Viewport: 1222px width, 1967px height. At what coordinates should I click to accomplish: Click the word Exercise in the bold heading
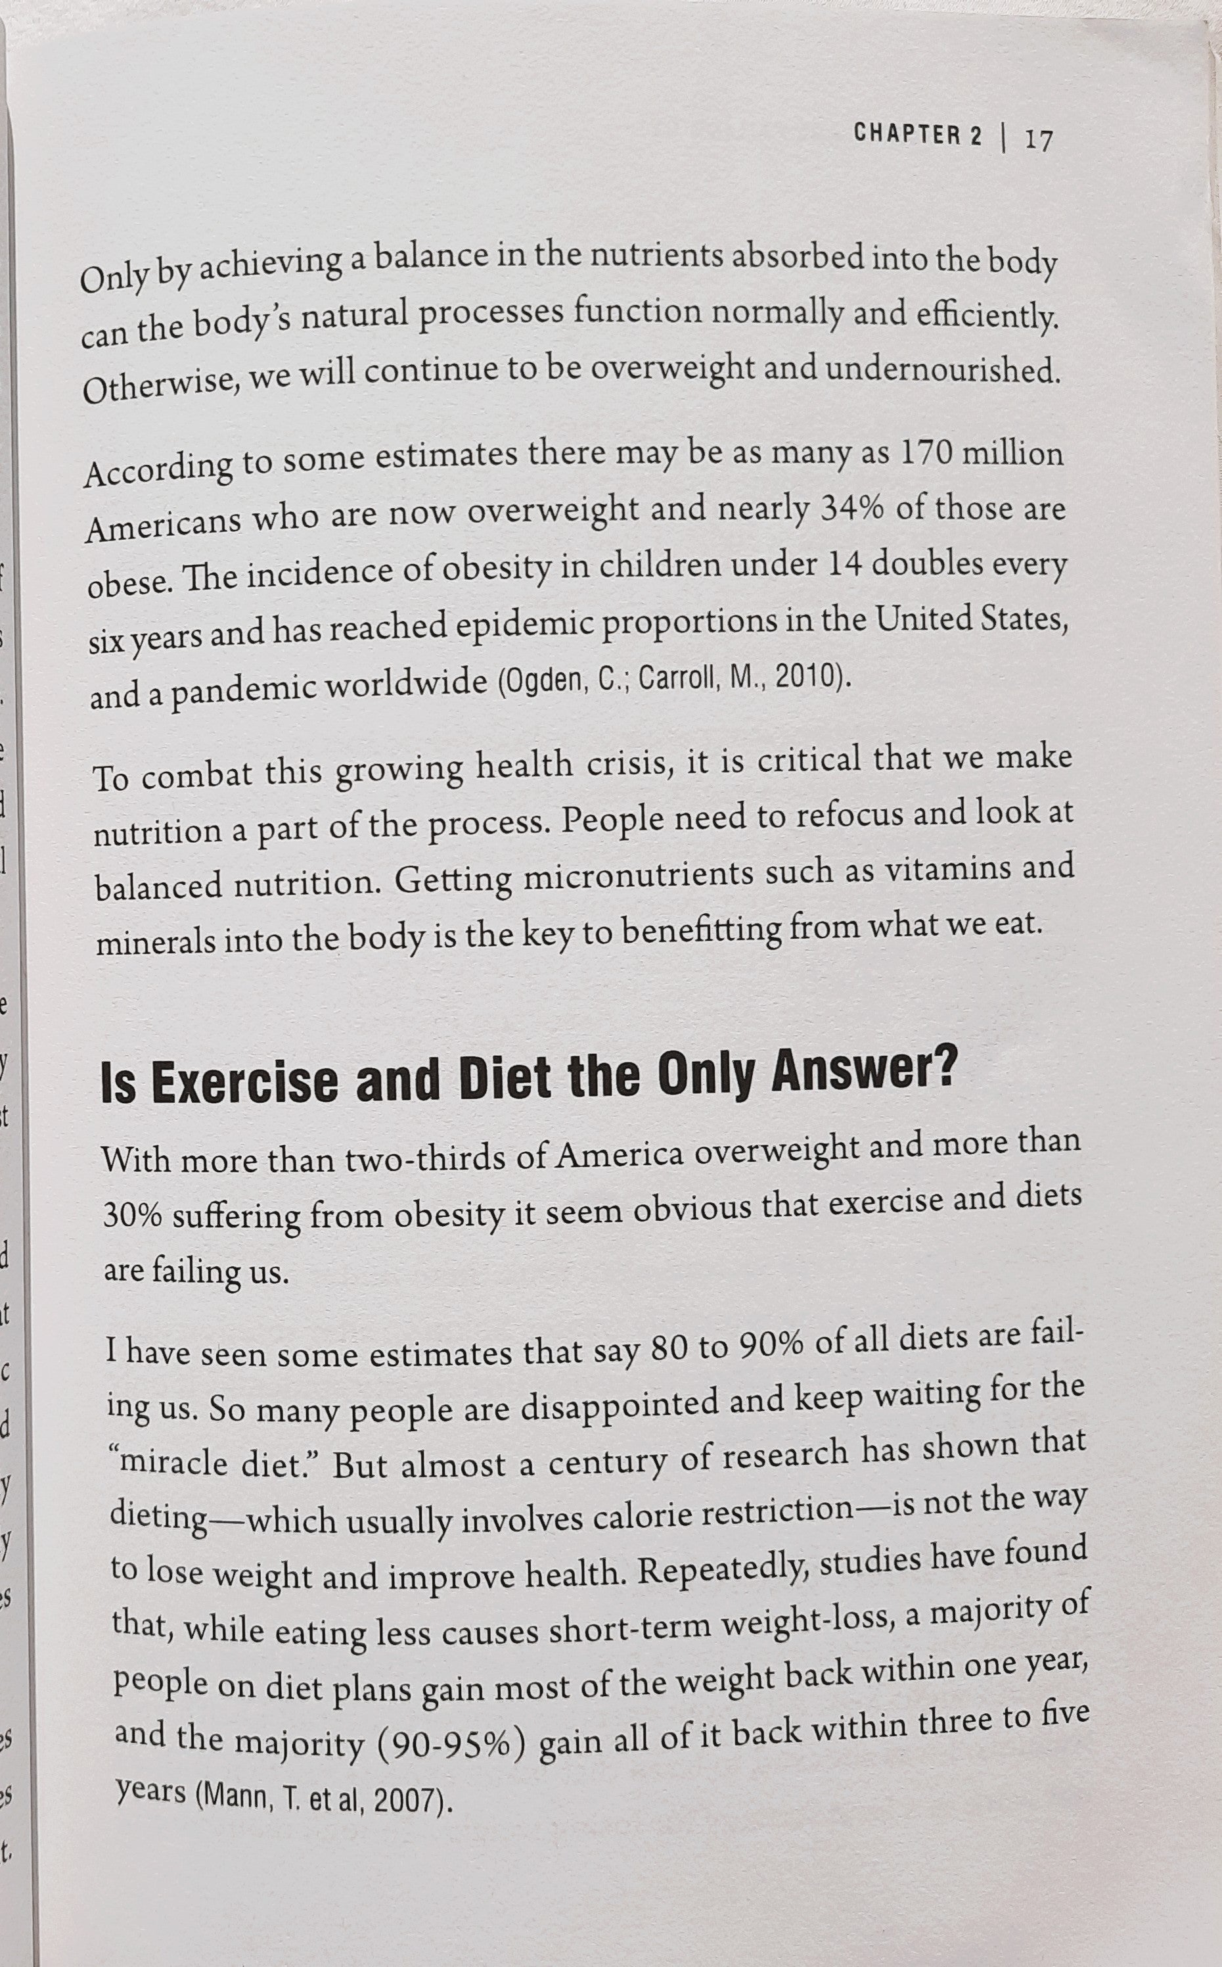tap(244, 1083)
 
